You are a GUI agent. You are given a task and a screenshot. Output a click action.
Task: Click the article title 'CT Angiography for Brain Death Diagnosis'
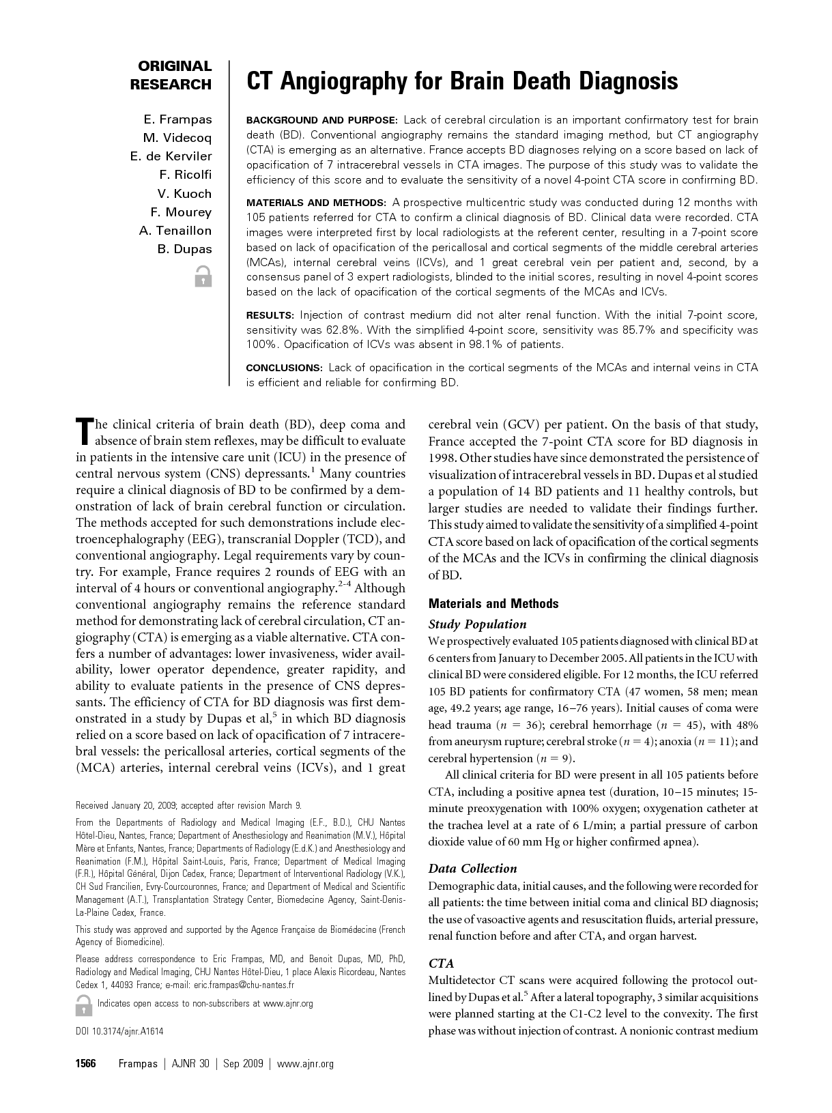(461, 82)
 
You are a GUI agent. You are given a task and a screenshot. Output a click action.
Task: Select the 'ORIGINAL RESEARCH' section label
(171, 75)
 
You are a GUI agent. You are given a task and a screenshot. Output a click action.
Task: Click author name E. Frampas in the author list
(177, 120)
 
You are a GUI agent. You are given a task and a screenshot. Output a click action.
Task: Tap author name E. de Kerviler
(171, 156)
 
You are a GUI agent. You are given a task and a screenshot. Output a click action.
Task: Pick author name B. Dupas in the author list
(184, 249)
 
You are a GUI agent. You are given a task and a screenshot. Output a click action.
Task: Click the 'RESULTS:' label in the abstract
(270, 315)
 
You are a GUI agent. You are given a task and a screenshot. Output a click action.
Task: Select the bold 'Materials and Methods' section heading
(493, 604)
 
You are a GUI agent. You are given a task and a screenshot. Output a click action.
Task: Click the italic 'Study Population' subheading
(477, 624)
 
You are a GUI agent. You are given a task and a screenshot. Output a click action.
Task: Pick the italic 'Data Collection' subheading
(472, 869)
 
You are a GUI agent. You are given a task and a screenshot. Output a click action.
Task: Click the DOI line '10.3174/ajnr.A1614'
(119, 1031)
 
